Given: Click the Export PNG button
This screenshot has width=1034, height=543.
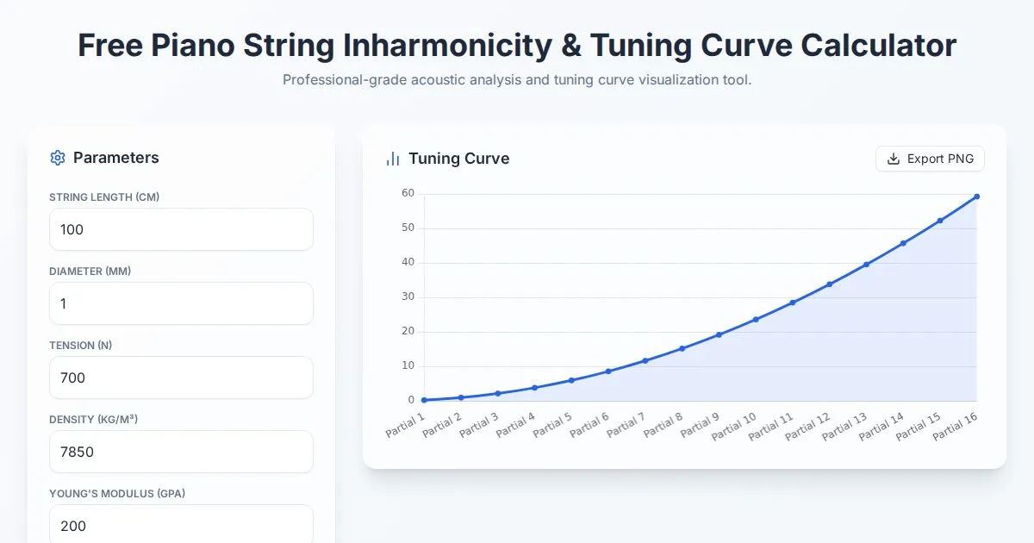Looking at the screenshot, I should pos(930,159).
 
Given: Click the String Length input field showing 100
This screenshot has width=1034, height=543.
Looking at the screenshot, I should pos(181,229).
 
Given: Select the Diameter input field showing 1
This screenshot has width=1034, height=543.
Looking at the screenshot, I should pos(181,303).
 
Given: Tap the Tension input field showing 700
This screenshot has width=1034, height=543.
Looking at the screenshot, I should pos(181,378).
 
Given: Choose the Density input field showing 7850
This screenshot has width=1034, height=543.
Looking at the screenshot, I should pos(181,452).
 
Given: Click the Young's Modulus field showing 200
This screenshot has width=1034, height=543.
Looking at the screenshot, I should pos(181,524).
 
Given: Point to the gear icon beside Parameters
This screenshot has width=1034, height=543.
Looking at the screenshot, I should pos(58,158).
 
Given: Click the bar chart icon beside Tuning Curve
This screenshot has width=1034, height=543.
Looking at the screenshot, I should pos(393,159).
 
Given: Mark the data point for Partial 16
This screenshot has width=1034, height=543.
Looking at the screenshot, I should pos(976,197).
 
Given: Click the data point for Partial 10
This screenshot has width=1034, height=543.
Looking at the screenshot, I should pos(756,320).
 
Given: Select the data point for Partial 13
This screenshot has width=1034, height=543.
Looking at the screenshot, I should pos(866,265).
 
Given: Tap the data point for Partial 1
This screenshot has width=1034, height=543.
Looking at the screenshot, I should pos(424,400).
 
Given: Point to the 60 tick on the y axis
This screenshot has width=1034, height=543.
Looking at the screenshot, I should pos(408,193).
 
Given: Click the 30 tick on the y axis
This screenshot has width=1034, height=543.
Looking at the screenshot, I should pos(408,296).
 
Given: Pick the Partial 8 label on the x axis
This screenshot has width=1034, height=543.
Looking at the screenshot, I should pos(664,425).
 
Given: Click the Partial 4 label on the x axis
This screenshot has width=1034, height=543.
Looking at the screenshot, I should pos(517,425).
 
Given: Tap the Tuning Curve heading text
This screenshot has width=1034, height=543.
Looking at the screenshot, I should pos(458,159).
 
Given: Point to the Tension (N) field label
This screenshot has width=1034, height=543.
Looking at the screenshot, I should pos(81,345).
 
